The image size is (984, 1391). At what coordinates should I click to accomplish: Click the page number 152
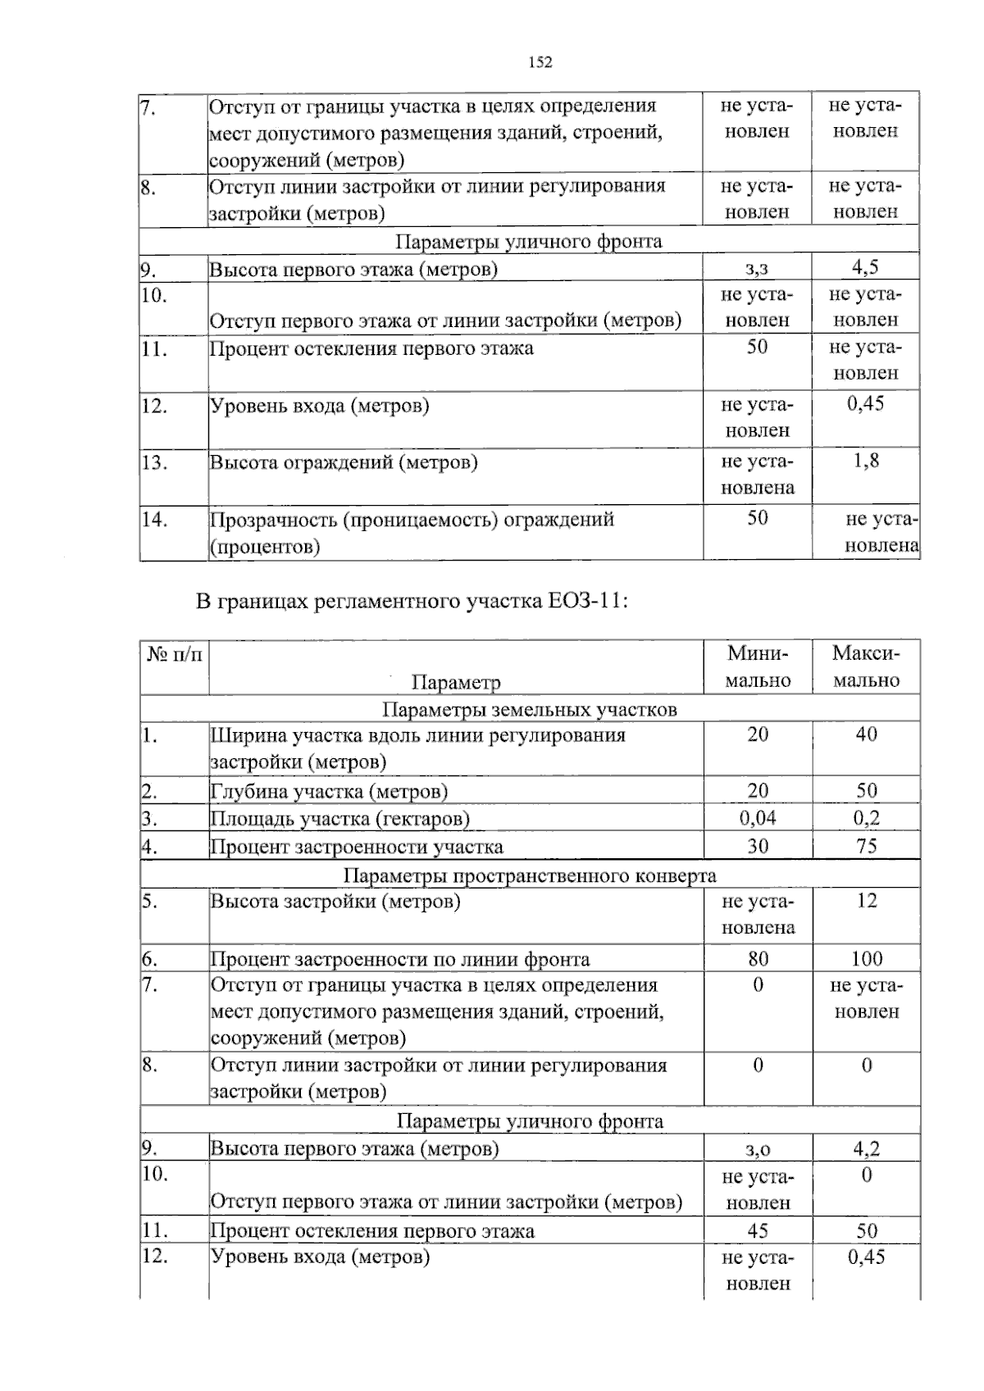coord(540,62)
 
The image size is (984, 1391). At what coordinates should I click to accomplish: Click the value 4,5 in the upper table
coord(866,267)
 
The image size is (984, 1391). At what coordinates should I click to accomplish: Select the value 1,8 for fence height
coord(866,461)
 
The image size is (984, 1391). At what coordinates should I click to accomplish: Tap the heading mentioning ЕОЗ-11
coord(412,602)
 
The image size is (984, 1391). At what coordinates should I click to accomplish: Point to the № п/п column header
coord(174,654)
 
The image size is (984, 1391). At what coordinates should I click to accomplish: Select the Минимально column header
coord(758,666)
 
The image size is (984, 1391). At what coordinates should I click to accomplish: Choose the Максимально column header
coord(866,666)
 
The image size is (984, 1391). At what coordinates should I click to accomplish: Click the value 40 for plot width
coord(866,734)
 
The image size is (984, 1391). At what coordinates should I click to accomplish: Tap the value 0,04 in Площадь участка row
coord(758,817)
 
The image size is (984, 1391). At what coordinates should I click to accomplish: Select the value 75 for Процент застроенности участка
coord(866,846)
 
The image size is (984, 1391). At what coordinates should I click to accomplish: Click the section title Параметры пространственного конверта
coord(529,875)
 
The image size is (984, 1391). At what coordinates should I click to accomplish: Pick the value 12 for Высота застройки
coord(866,901)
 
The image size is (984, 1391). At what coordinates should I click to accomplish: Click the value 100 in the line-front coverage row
coord(866,958)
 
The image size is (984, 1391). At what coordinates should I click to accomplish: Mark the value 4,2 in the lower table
coord(866,1148)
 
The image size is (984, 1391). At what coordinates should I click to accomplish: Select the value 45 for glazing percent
coord(758,1230)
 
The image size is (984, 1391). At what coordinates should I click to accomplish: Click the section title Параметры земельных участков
coord(529,709)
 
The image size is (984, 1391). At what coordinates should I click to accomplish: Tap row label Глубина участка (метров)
coord(329,791)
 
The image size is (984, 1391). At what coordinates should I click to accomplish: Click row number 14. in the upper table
coord(154,519)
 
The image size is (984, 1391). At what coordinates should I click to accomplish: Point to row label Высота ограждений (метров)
coord(344,462)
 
